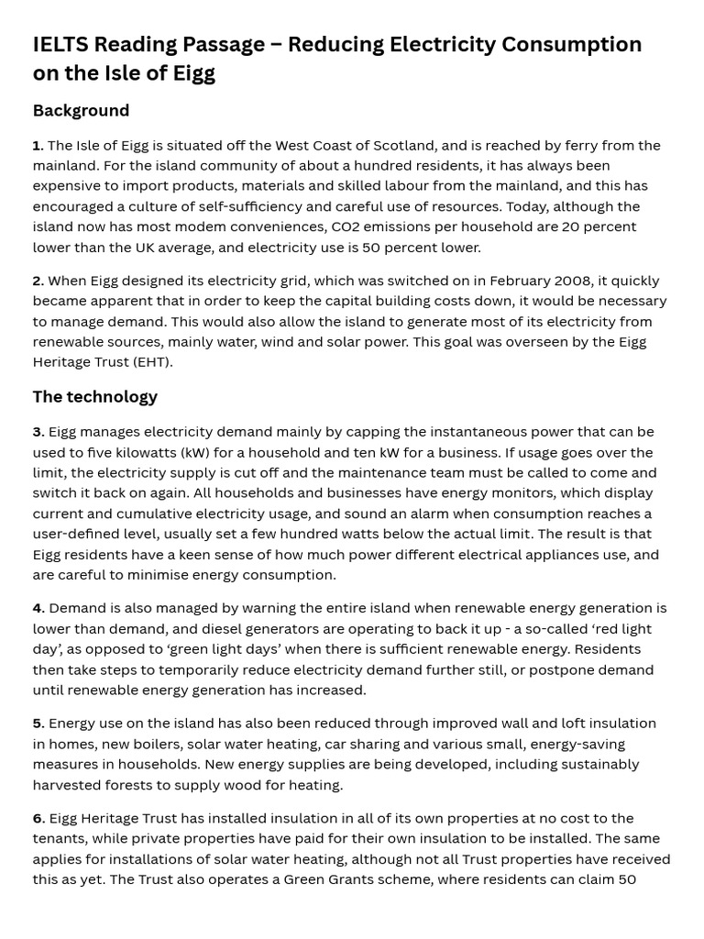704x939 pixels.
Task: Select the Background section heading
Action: pos(81,111)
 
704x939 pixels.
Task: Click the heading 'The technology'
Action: pos(94,397)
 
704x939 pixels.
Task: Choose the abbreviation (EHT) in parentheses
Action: pos(149,362)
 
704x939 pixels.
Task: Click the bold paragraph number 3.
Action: pos(38,432)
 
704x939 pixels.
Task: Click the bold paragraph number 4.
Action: pos(38,609)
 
